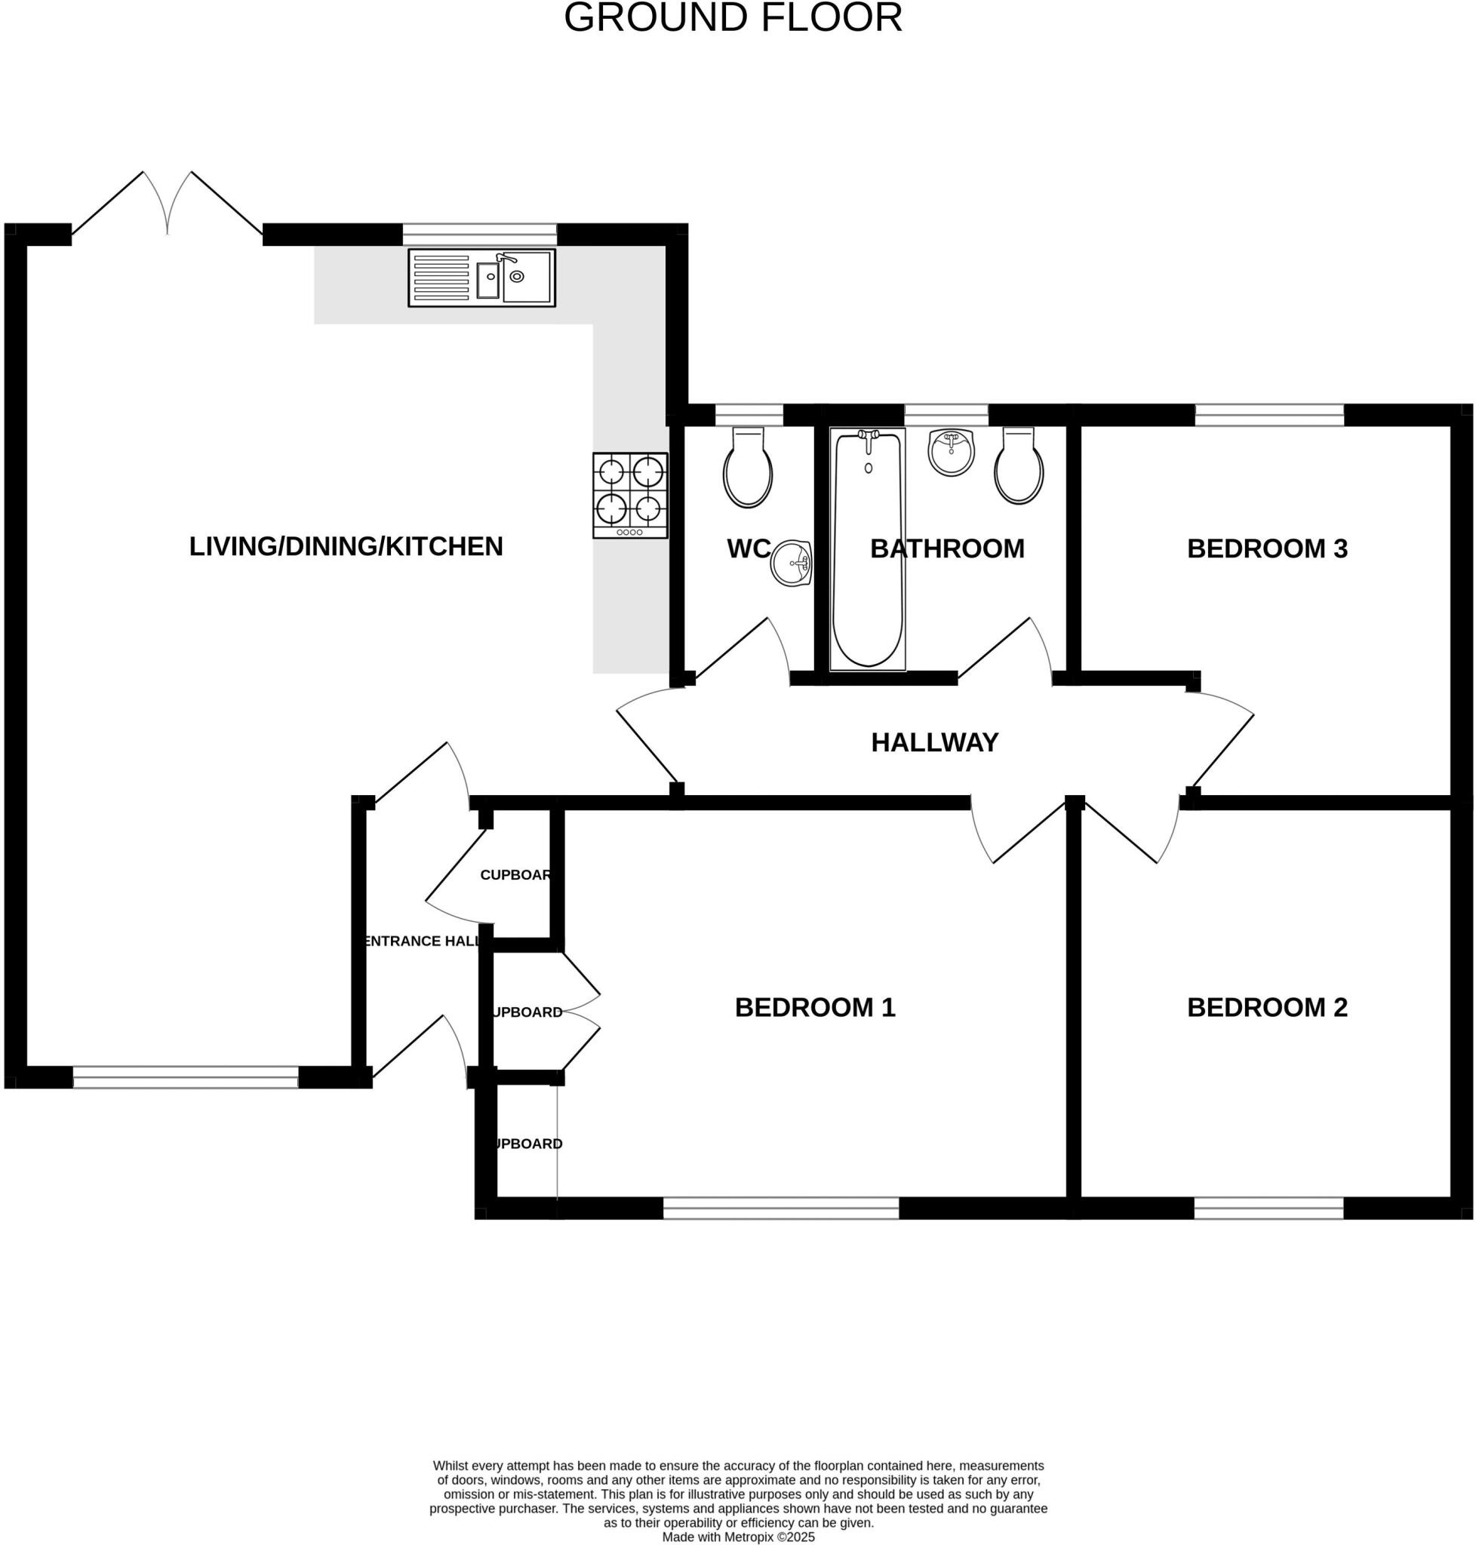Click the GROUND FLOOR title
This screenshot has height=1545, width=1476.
[x=733, y=18]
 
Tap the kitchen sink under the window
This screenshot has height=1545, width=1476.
[x=481, y=277]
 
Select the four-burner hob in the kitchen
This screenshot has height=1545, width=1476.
[x=630, y=495]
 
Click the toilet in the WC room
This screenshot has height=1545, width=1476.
[x=748, y=468]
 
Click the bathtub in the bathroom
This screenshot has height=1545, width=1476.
[x=868, y=548]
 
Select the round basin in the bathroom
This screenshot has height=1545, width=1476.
[x=952, y=453]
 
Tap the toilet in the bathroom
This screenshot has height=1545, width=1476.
[x=1019, y=467]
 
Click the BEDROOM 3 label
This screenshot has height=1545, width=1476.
[x=1267, y=548]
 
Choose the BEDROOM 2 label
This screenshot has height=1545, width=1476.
[x=1267, y=1007]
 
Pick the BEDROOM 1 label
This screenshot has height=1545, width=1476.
[x=815, y=1007]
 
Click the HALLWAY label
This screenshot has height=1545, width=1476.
[x=935, y=742]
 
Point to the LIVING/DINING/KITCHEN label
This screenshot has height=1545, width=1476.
[x=346, y=546]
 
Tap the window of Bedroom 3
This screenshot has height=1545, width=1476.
[x=1268, y=415]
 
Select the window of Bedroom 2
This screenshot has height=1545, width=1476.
[x=1268, y=1208]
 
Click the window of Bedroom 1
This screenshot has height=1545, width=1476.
[x=780, y=1208]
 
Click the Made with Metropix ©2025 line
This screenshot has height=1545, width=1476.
[x=738, y=1537]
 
